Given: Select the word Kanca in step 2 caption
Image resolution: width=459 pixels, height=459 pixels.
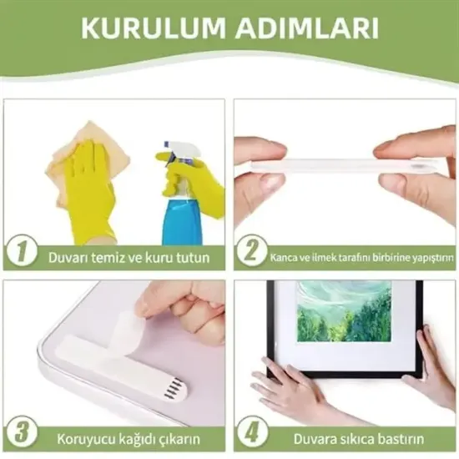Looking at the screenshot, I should pyautogui.click(x=284, y=258).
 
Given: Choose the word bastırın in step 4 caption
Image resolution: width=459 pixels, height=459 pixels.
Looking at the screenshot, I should pyautogui.click(x=397, y=438).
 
